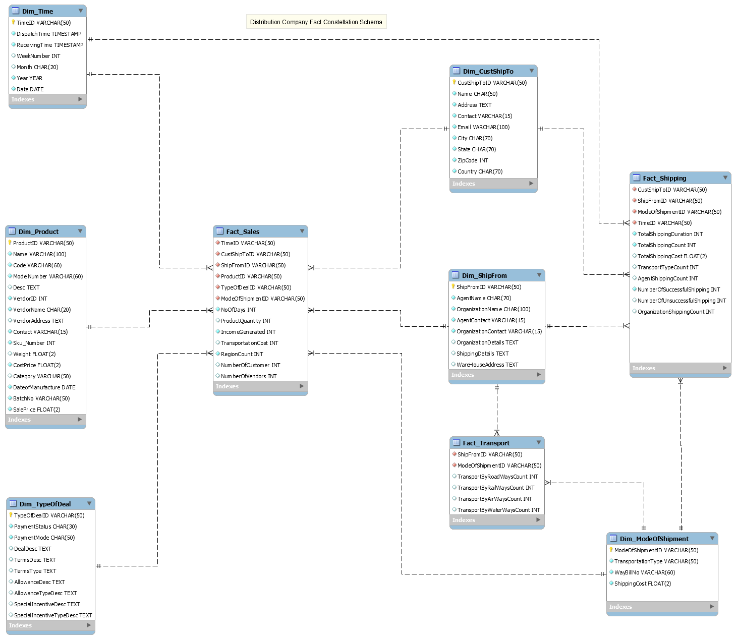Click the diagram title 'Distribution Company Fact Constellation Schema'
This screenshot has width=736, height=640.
click(316, 22)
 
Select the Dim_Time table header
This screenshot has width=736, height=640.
click(38, 11)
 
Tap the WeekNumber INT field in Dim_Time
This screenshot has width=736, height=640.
click(38, 56)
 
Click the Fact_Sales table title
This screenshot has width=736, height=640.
click(243, 231)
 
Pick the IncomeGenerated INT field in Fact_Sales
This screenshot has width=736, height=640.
click(248, 332)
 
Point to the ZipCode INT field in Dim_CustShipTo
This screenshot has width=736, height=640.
click(473, 160)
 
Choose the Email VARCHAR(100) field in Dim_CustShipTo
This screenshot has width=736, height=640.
click(483, 127)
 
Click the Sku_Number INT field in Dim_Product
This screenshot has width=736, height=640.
click(34, 343)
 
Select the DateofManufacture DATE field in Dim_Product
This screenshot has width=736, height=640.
click(44, 387)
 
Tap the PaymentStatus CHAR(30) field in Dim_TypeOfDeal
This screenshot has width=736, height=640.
click(45, 527)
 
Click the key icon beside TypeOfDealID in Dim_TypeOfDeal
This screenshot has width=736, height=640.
click(11, 515)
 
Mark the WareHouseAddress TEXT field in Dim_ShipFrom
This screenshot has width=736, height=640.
click(487, 365)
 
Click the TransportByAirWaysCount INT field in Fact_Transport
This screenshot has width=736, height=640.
click(494, 499)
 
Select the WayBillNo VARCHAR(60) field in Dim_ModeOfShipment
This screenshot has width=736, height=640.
click(645, 572)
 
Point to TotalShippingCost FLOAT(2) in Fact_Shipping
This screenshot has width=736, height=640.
click(672, 256)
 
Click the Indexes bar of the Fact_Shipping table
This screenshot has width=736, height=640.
click(676, 368)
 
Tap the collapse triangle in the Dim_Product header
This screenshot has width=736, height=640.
click(80, 231)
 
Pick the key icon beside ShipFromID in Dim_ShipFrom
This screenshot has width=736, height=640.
click(453, 286)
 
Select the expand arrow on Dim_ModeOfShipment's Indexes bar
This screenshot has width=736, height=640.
click(712, 606)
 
